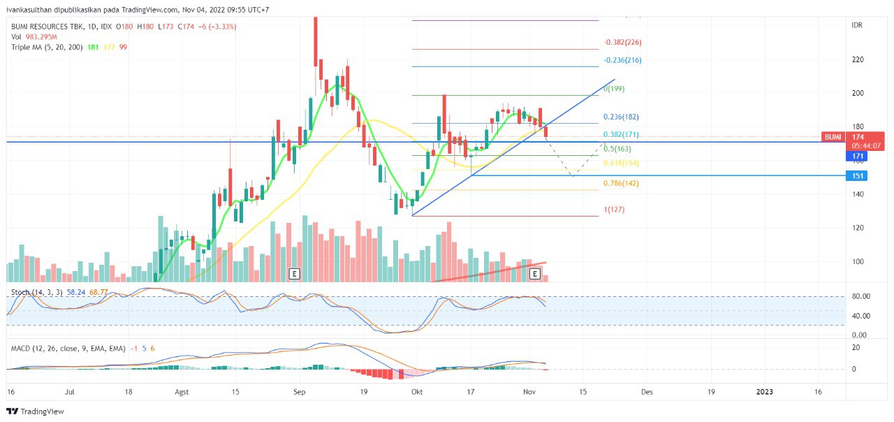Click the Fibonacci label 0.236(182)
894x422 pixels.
[x=622, y=117]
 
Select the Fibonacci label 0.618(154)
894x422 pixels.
[x=622, y=163]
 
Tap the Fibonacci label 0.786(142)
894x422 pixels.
[x=622, y=183]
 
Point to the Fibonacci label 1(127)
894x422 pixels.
[x=614, y=210]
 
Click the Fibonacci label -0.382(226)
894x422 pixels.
[x=623, y=42]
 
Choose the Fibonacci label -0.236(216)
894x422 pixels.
[x=623, y=60]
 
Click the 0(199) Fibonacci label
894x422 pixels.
[x=615, y=89]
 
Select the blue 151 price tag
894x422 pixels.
[x=856, y=175]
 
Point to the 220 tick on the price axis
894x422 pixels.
[x=857, y=59]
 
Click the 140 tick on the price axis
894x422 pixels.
[x=857, y=194]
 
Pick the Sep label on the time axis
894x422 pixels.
[x=300, y=392]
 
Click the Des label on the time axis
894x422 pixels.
[x=647, y=392]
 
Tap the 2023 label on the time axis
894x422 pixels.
[x=765, y=392]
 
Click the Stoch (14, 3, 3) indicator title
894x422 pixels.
[x=36, y=291]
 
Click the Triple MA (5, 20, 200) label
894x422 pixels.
[x=46, y=47]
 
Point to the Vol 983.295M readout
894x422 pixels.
[x=34, y=36]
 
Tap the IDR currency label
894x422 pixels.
[x=857, y=25]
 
